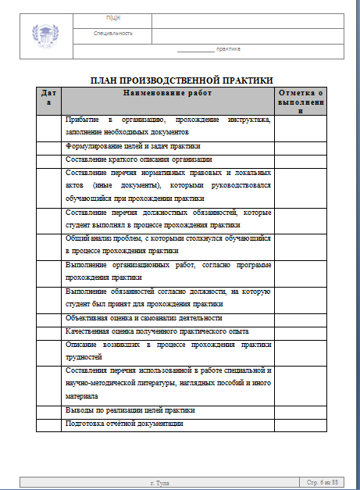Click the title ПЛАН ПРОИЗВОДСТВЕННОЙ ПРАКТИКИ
(181, 80)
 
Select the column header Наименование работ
(167, 93)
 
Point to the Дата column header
(48, 98)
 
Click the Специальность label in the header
(112, 34)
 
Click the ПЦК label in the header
(112, 18)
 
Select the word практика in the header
(228, 49)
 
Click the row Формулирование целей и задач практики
(133, 145)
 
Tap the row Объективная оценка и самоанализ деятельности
(144, 318)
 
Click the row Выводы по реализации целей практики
(130, 410)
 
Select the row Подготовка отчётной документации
(125, 423)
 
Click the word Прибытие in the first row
(83, 120)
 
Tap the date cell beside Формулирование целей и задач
(48, 145)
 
